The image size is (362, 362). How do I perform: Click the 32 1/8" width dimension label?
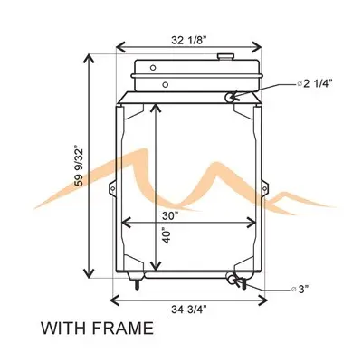point(189,40)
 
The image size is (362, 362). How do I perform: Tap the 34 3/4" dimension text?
point(189,309)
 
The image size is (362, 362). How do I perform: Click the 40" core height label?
point(166,235)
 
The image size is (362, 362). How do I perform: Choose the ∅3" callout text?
point(300,290)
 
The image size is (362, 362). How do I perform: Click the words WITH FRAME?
point(97,329)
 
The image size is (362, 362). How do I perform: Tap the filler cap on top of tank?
point(225,57)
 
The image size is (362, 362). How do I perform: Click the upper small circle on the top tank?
point(153,68)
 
